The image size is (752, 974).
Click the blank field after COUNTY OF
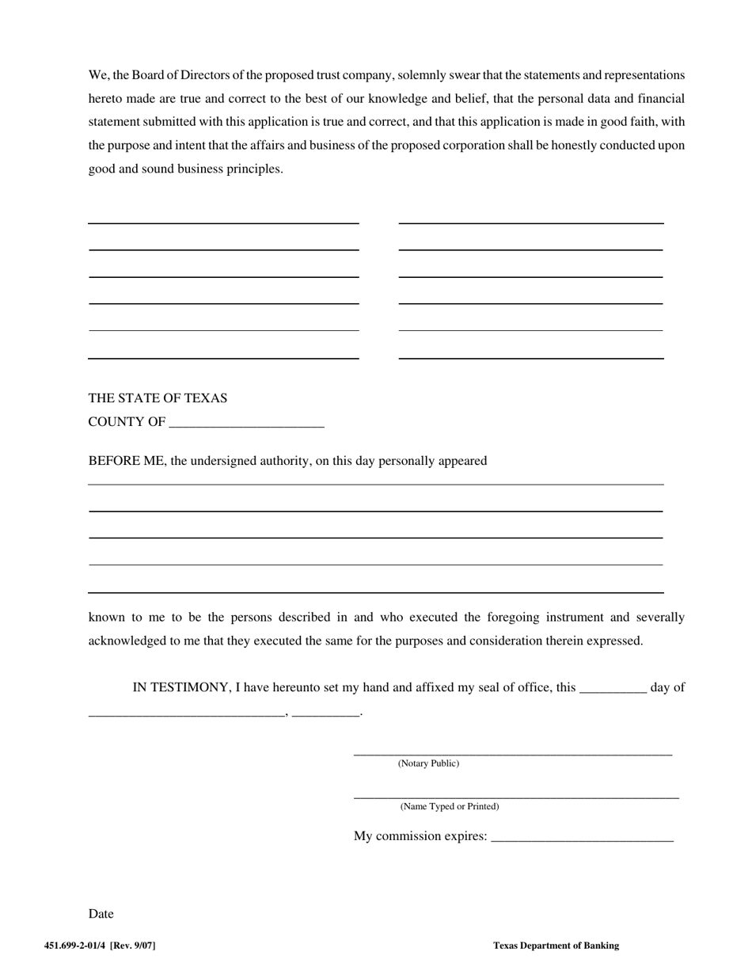[x=247, y=423]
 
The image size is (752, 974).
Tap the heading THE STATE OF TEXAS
[x=158, y=398]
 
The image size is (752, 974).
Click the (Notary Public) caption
[x=428, y=763]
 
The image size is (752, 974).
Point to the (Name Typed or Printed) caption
[x=450, y=806]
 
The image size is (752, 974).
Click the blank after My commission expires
[x=582, y=837]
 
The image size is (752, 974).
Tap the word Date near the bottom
[x=101, y=914]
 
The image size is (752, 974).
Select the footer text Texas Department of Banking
[x=556, y=945]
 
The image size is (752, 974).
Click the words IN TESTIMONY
[x=180, y=687]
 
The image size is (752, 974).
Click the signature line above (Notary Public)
[x=512, y=754]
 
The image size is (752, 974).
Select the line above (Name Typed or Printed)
[x=515, y=797]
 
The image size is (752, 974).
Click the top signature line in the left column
[x=223, y=223]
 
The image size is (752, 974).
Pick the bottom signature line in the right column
[x=530, y=359]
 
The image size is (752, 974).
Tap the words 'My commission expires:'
[x=420, y=836]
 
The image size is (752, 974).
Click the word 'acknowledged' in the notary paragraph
[x=126, y=641]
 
